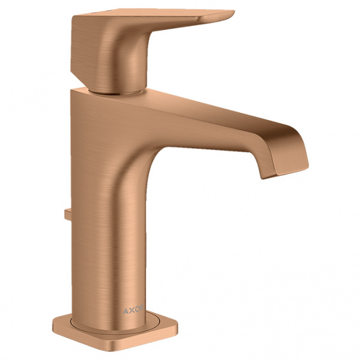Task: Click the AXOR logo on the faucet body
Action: coord(133,310)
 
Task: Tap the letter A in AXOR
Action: coord(126,311)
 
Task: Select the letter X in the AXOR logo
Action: coord(130,310)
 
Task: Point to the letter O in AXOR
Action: coord(136,309)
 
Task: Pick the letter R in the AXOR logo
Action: coord(141,308)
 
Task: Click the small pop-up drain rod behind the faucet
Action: coord(68,214)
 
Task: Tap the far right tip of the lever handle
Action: coord(234,11)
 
